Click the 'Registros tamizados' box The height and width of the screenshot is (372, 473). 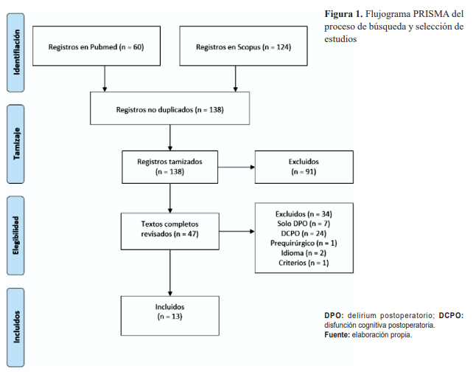170,166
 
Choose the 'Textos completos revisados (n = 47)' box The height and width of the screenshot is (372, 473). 170,229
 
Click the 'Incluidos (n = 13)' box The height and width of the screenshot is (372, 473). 170,311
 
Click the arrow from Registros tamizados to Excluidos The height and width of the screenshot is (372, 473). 236,167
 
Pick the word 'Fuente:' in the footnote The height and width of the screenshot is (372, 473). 338,334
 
